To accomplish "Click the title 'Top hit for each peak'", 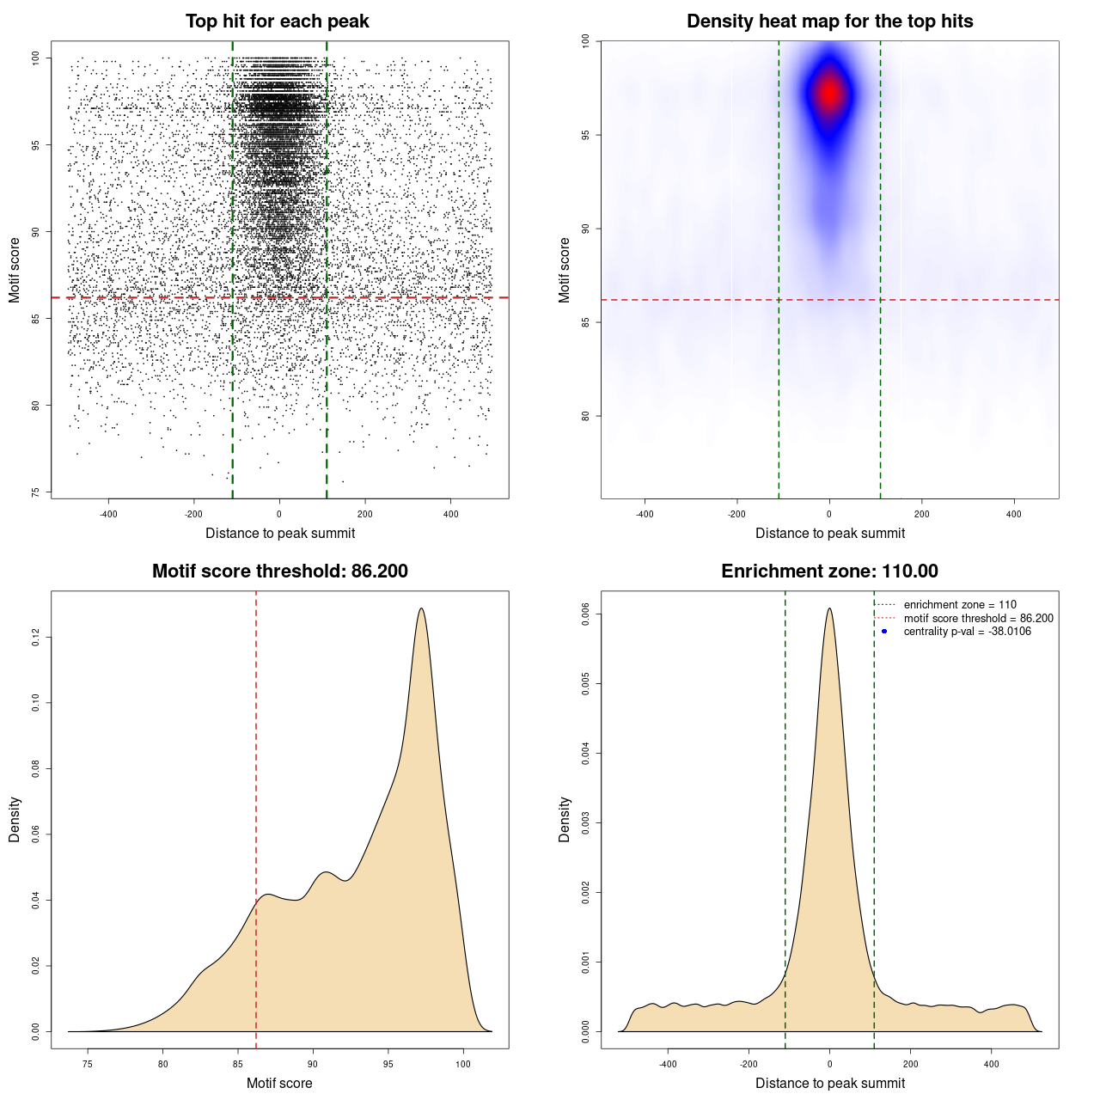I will coord(277,21).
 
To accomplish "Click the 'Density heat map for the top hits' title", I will coord(829,21).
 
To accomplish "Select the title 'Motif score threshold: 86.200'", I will coord(279,571).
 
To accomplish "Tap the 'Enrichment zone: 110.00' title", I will coord(829,571).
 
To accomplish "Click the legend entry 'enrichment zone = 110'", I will coord(959,605).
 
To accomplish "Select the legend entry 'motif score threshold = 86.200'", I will coord(978,619).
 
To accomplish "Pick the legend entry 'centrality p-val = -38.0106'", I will coord(967,632).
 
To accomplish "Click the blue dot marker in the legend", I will coord(884,632).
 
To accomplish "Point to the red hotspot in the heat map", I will coord(829,93).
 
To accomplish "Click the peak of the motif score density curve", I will coord(421,609).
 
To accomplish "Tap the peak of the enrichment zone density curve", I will coord(829,609).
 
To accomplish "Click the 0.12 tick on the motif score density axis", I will coord(35,637).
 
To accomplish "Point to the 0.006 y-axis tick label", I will coord(585,614).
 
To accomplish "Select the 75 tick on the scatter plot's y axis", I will coord(35,492).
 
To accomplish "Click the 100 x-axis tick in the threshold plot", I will coord(463,1064).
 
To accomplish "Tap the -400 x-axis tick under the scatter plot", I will coord(108,514).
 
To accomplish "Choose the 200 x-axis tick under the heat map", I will coord(921,514).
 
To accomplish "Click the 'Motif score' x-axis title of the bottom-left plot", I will coord(279,1083).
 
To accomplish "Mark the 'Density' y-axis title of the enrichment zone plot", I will coord(565,819).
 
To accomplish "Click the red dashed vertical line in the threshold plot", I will coord(256,773).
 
